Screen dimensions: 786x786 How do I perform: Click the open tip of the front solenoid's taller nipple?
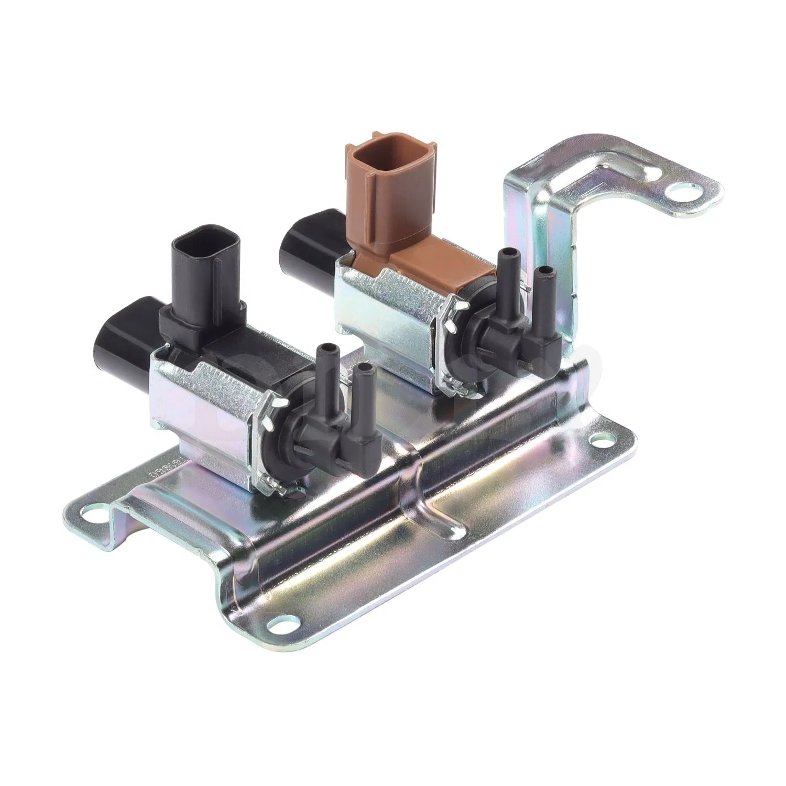(x=329, y=348)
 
